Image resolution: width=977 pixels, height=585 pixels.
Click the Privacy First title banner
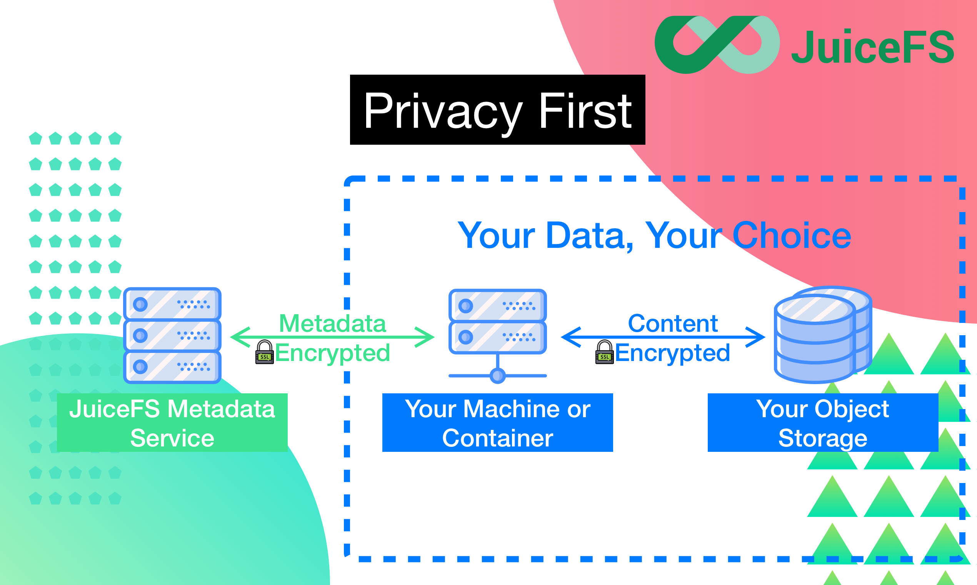point(497,110)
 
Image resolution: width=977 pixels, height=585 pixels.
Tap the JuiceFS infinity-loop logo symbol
point(717,45)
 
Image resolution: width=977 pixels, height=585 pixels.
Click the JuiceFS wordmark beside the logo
point(873,47)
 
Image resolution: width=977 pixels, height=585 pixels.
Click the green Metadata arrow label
point(332,323)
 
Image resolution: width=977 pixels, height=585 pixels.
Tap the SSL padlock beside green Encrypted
point(264,352)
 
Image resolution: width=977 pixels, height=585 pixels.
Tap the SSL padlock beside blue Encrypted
point(604,352)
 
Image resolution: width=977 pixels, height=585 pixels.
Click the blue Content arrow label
point(673,323)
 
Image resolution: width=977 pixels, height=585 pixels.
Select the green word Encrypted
point(332,353)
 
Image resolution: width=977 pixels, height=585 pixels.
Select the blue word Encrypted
point(672,353)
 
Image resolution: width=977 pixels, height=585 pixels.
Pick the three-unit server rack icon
point(172,336)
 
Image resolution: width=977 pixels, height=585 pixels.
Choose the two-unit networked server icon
point(498,322)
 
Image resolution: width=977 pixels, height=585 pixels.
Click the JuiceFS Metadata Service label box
point(172,423)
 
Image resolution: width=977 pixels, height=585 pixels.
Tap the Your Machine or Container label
point(498,423)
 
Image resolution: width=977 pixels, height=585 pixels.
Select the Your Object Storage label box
point(823,423)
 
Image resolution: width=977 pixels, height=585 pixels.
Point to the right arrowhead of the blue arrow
point(756,337)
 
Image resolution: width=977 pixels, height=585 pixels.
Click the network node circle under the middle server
point(498,376)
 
